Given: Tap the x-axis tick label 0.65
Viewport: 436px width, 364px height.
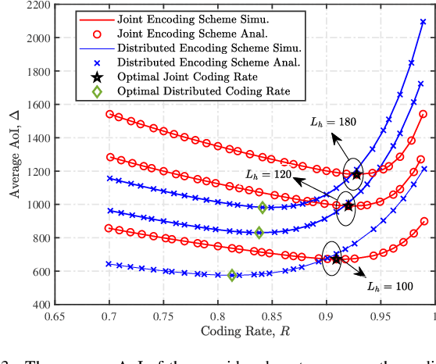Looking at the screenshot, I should pos(55,317).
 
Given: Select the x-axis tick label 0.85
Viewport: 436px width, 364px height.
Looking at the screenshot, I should pos(271,317).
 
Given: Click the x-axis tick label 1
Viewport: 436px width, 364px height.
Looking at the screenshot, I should pos(434,317).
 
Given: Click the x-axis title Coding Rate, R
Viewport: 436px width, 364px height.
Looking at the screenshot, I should pos(244,331).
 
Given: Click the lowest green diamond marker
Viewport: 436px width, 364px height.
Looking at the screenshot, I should pos(232,275).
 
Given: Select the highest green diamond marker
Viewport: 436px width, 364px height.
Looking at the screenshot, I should pos(263,207).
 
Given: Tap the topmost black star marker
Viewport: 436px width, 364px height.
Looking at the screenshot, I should pos(357,174).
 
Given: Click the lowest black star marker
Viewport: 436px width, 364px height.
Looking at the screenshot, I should pos(335,259).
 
